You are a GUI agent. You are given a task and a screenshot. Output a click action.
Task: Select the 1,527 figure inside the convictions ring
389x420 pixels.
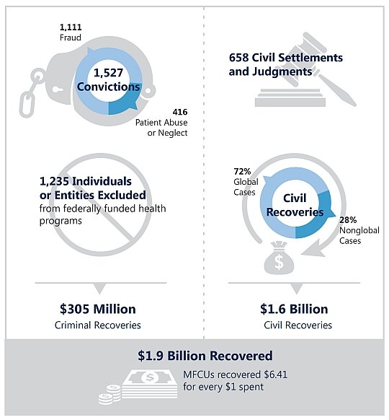pos(109,74)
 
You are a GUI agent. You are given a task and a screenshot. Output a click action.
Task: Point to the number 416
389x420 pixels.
pos(179,112)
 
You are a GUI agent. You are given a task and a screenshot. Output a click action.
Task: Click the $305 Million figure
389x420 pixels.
pos(98,310)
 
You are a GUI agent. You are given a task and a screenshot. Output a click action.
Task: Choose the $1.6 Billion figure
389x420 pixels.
pos(294,310)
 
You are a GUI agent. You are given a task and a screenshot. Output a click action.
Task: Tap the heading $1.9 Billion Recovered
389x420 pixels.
pos(205,356)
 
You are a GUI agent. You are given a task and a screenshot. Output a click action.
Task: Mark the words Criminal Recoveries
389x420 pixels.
pos(98,325)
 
